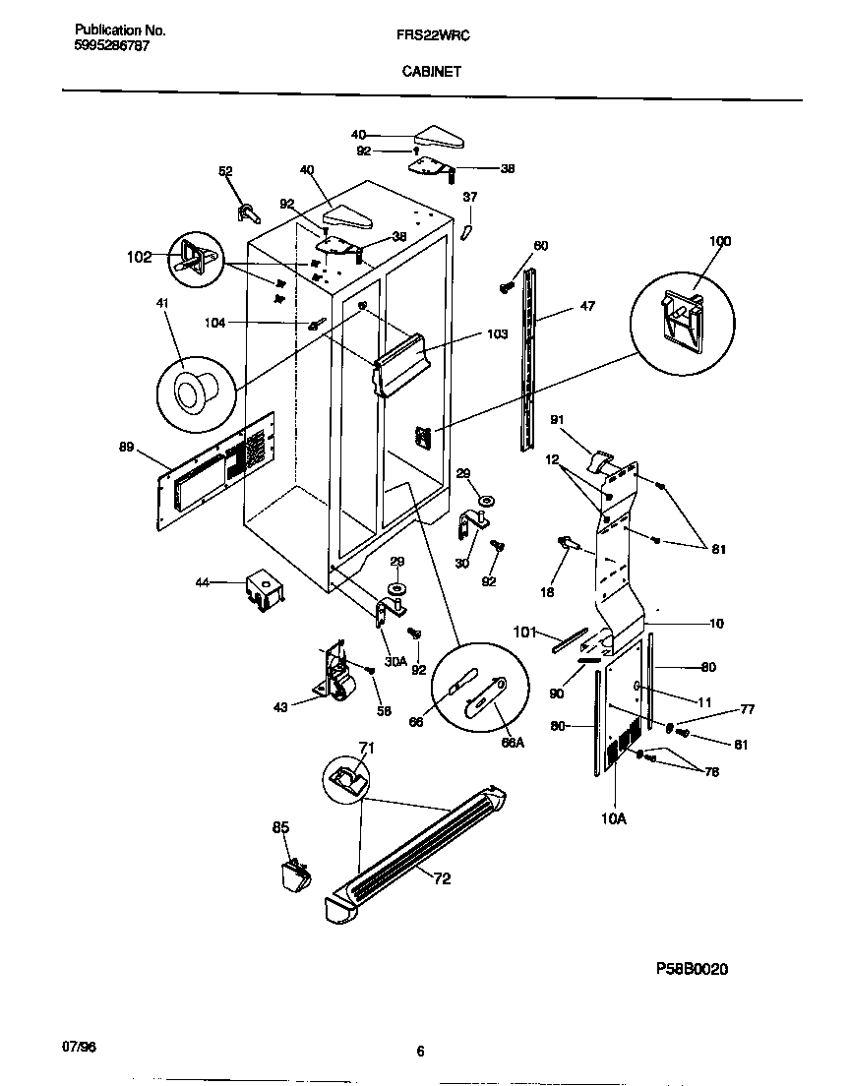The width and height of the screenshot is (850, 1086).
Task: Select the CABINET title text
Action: pyautogui.click(x=431, y=71)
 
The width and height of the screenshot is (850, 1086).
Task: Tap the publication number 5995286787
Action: pyautogui.click(x=112, y=46)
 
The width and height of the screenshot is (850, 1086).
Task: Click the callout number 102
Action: pyautogui.click(x=139, y=258)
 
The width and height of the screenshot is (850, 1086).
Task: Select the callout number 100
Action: pyautogui.click(x=721, y=241)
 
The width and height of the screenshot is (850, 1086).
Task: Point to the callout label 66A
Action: pyautogui.click(x=513, y=743)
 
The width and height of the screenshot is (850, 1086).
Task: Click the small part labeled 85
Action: pyautogui.click(x=291, y=874)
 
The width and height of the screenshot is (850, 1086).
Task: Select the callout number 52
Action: pyautogui.click(x=225, y=172)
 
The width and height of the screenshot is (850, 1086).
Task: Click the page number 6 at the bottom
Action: pyautogui.click(x=420, y=1052)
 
